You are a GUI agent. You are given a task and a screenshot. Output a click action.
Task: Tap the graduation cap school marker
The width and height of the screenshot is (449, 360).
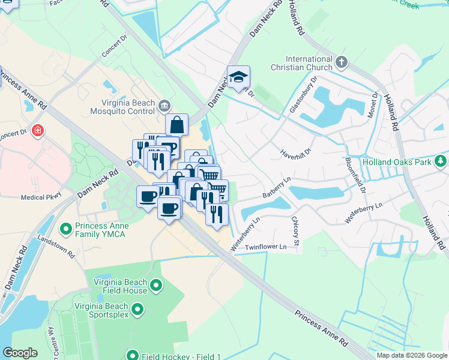click(x=238, y=77)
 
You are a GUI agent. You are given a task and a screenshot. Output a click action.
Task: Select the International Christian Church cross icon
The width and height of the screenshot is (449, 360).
click(x=342, y=62)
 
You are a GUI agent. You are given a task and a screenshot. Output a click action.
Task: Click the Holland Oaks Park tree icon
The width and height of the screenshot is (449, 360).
click(x=441, y=161)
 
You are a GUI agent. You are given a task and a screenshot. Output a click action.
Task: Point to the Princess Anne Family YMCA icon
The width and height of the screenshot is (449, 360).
click(x=67, y=229)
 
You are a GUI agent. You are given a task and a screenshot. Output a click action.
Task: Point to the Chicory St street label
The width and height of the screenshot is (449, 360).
click(x=295, y=227)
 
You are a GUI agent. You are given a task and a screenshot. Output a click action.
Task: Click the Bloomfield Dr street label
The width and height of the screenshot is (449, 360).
click(x=355, y=175)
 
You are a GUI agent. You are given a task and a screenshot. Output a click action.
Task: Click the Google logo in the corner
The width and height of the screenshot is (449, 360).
click(x=20, y=353)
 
